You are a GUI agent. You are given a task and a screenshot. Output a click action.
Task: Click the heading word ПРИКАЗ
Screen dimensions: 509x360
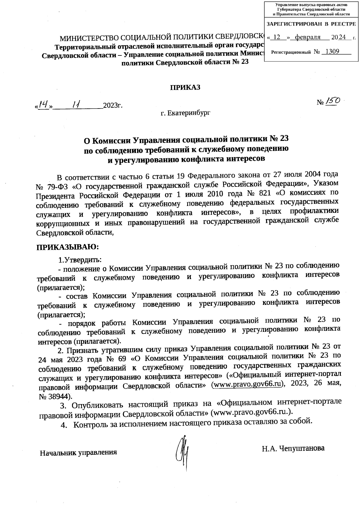tap(185, 87)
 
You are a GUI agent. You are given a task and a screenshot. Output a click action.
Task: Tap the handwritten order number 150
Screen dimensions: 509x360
tap(332, 102)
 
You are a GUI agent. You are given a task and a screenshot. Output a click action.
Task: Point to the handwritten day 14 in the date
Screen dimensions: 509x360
tap(44, 105)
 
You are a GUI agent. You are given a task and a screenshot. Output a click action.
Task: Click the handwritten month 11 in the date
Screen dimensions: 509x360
tap(76, 105)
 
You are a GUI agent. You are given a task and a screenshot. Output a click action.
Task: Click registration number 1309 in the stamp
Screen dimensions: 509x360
tap(332, 52)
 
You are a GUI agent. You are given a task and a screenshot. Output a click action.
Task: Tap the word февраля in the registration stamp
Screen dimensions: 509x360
tap(308, 37)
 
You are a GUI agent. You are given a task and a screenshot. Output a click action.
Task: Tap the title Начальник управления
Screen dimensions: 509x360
tap(78, 452)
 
